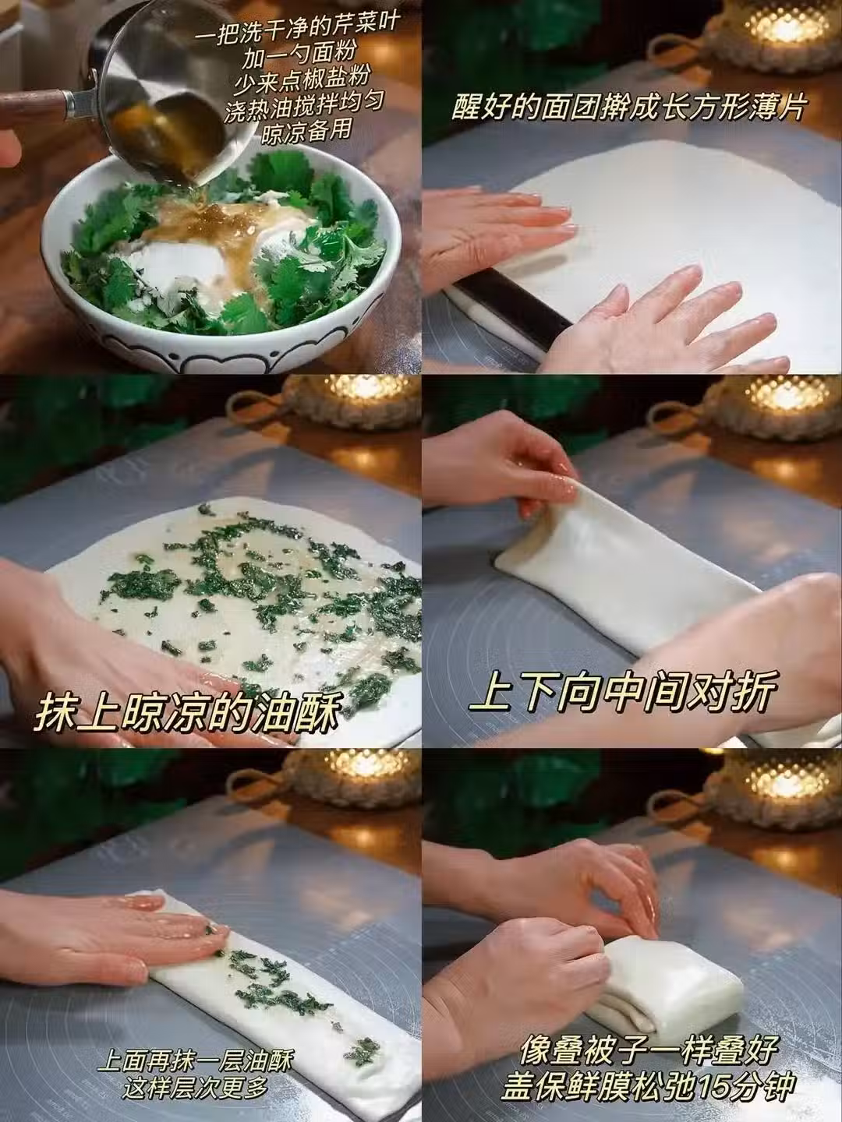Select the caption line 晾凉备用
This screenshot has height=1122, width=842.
(x=306, y=132)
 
